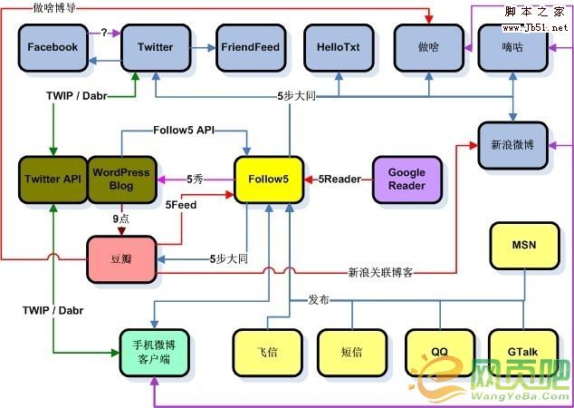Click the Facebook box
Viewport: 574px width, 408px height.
click(x=53, y=47)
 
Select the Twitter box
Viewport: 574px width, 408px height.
click(x=155, y=47)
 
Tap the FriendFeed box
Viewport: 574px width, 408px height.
click(x=249, y=47)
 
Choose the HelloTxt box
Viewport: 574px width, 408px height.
click(x=335, y=47)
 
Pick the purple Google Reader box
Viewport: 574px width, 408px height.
click(x=407, y=180)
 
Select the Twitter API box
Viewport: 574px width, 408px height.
click(x=53, y=180)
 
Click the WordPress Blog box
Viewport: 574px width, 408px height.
click(x=121, y=180)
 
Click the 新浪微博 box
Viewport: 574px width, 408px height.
click(x=513, y=144)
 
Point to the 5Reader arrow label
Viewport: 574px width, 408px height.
click(x=340, y=180)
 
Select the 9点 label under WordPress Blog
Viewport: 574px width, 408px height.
click(x=121, y=218)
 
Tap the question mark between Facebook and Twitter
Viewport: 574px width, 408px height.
click(x=104, y=33)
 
